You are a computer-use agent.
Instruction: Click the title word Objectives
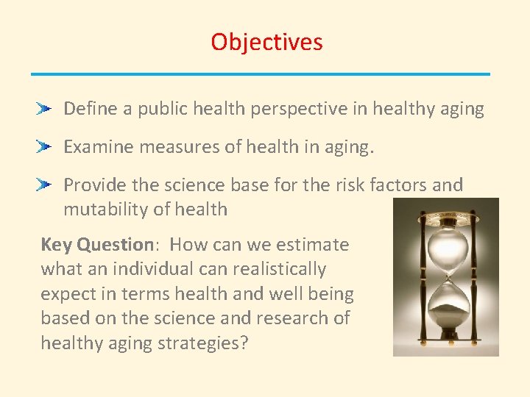click(x=266, y=42)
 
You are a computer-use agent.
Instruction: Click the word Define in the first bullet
click(x=90, y=109)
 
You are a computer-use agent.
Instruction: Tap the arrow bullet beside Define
click(x=45, y=109)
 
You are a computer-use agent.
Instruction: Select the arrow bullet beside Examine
click(x=45, y=147)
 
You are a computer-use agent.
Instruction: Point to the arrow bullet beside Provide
click(x=45, y=185)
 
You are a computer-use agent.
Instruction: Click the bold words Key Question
click(x=96, y=245)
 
